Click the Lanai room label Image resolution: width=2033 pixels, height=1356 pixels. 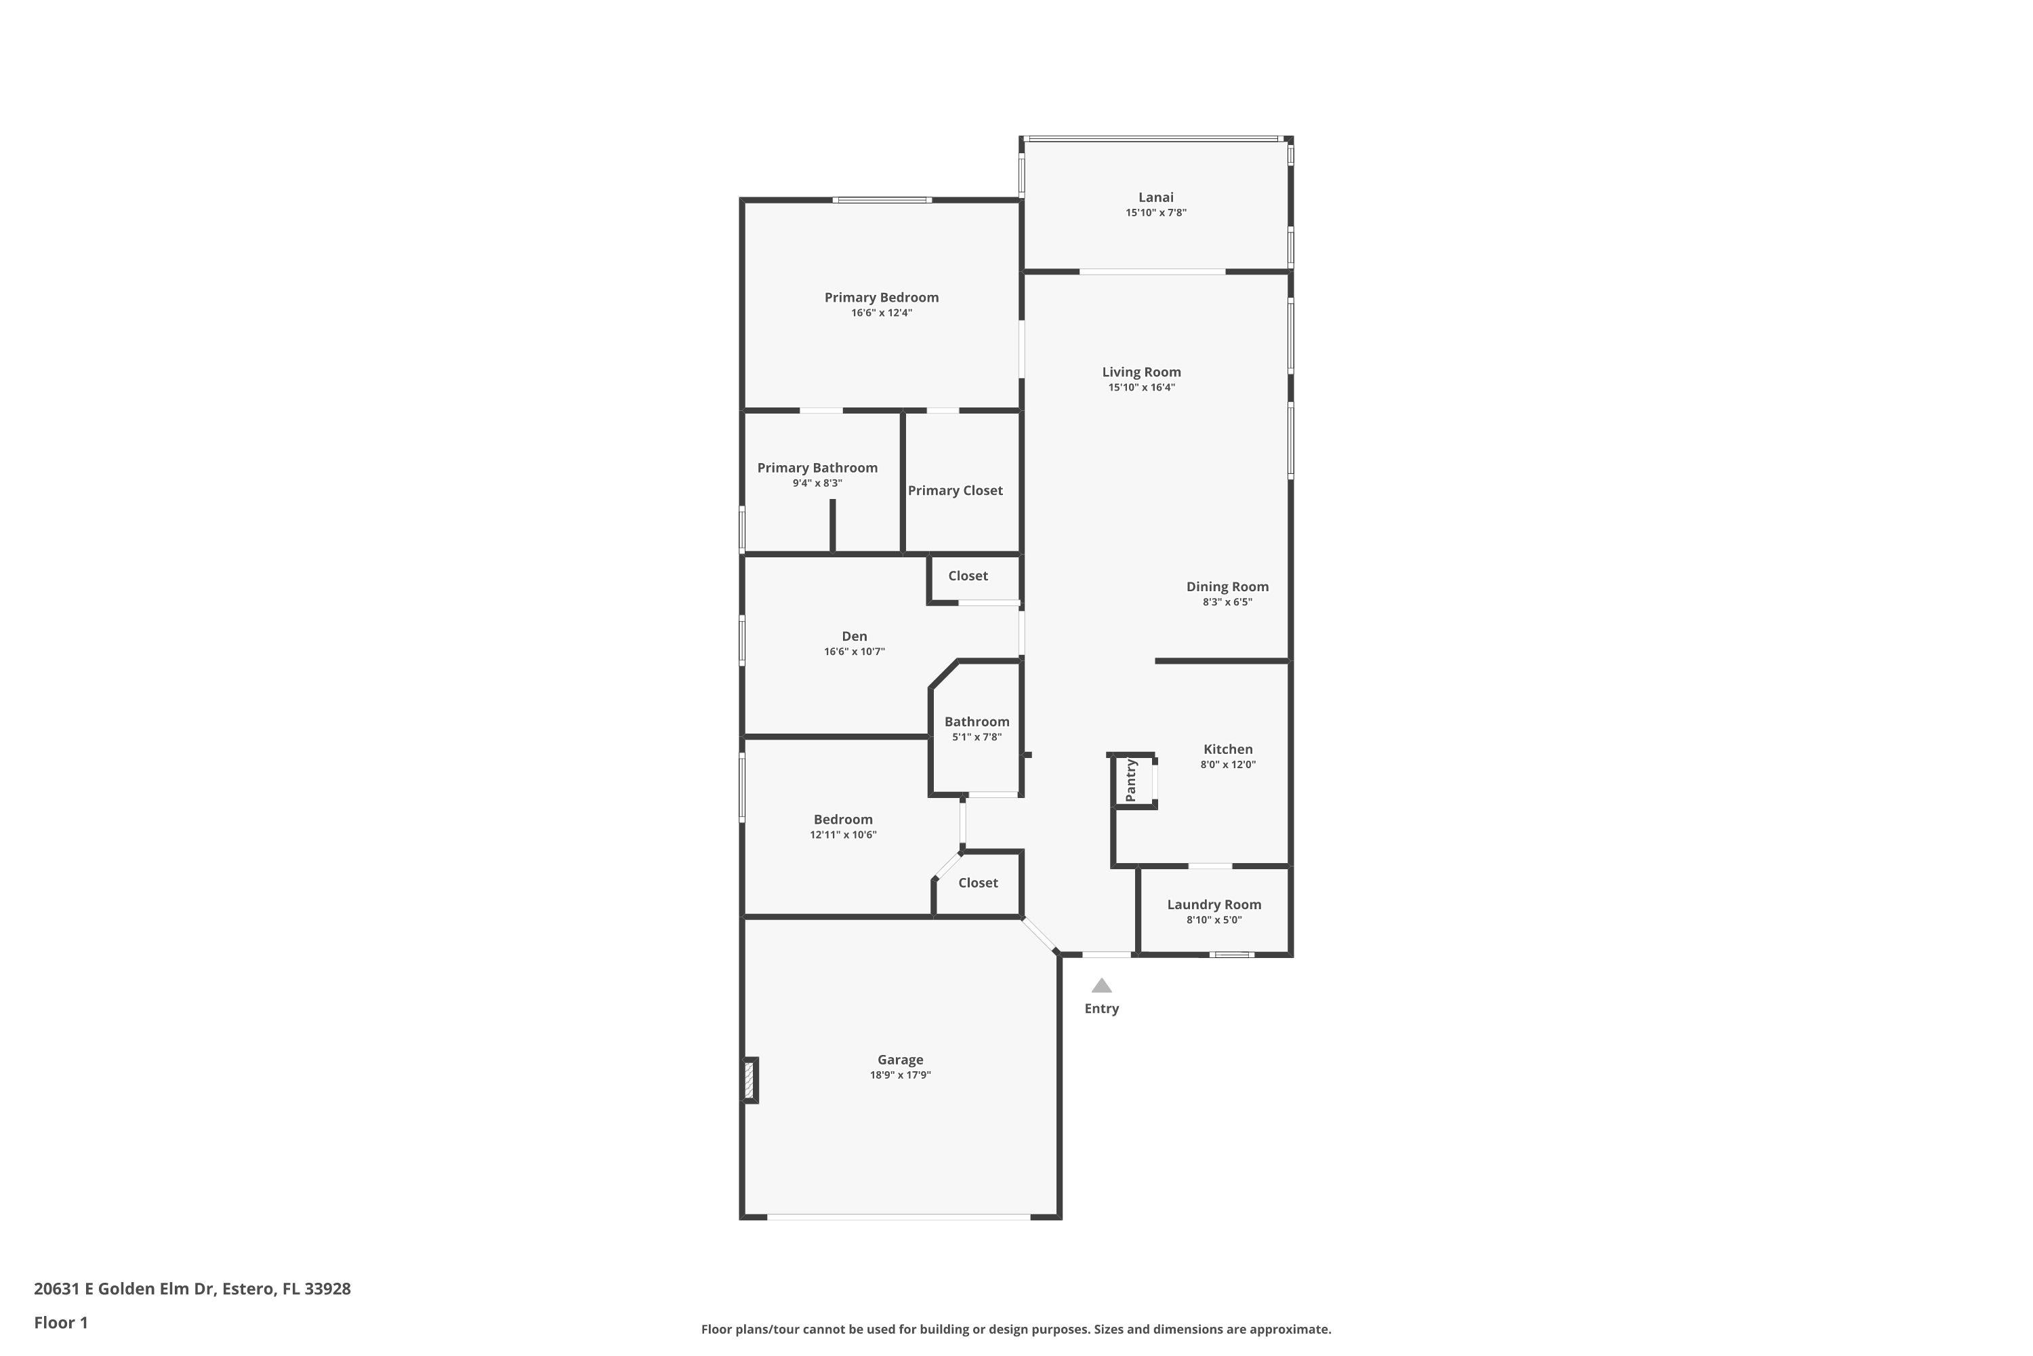(1155, 197)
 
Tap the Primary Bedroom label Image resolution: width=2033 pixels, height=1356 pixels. (881, 298)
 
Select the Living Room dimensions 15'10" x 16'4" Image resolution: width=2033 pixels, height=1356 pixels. (1141, 387)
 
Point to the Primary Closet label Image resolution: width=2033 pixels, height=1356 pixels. (955, 490)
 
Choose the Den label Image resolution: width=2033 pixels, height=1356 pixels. (854, 637)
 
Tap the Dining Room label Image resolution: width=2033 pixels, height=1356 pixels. (1227, 587)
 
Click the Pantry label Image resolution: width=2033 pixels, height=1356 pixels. (1130, 781)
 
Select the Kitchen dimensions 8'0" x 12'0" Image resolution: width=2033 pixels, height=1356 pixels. (1227, 765)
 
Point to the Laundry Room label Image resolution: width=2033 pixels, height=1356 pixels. (1214, 904)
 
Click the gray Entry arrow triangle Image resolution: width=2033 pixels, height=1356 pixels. (1101, 985)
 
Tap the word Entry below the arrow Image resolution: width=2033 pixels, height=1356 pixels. (1101, 1008)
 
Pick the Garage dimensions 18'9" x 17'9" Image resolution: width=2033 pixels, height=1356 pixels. (900, 1075)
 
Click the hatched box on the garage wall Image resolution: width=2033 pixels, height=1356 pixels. (749, 1080)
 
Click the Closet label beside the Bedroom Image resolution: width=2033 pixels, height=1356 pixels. (978, 883)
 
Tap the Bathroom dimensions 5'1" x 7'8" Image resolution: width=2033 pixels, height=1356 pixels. (977, 738)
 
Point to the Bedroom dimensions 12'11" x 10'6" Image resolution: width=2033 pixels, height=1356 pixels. (843, 835)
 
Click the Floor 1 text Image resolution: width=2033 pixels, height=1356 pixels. (60, 1322)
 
